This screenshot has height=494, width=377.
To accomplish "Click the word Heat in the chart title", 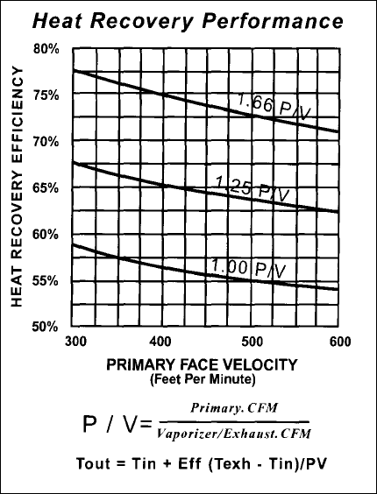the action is (x=57, y=21).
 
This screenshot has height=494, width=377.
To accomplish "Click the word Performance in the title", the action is (x=273, y=21).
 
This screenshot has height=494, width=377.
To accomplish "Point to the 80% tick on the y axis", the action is (x=46, y=49).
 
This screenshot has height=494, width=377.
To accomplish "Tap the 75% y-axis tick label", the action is (x=46, y=95).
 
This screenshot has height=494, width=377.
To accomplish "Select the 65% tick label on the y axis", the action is (x=46, y=188).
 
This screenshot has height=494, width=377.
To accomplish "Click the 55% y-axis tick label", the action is (x=46, y=280).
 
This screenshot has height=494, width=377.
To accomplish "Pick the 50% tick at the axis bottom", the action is (x=45, y=327).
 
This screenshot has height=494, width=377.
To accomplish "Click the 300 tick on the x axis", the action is (x=75, y=342).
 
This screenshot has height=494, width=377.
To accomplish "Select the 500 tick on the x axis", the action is (x=253, y=342).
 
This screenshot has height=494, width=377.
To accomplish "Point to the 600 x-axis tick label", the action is (x=340, y=342).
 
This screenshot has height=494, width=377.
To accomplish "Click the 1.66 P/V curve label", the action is (x=274, y=107).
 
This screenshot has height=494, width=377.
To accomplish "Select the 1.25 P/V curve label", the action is (x=253, y=188).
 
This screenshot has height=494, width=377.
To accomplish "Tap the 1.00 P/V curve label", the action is (x=248, y=268).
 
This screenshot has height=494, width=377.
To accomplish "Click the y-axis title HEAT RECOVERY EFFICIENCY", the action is (x=17, y=187).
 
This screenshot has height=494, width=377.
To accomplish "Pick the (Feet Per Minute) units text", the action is (x=203, y=379).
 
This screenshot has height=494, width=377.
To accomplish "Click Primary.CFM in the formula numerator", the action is (x=234, y=408).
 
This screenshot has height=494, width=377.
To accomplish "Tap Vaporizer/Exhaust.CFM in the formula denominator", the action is (x=234, y=434).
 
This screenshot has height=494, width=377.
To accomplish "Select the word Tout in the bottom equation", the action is (x=93, y=463).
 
